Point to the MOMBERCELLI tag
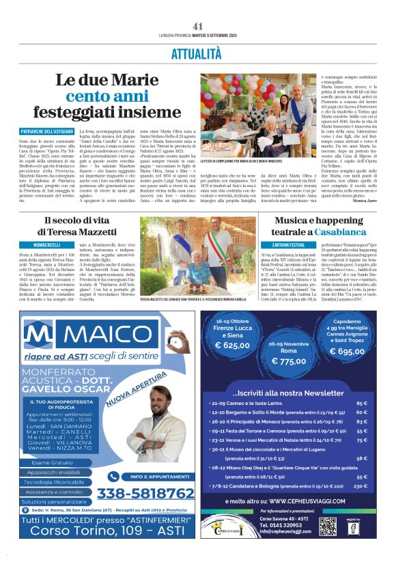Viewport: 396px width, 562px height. click(x=46, y=244)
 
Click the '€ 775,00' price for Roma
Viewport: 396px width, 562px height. click(x=294, y=361)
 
